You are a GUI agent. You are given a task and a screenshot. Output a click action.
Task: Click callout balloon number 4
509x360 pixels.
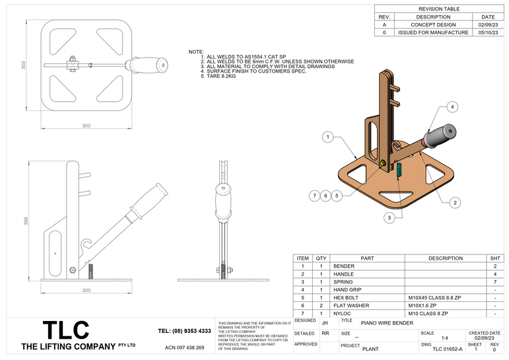(x=452, y=106)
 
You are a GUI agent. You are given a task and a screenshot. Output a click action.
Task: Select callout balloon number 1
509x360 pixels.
(x=327, y=137)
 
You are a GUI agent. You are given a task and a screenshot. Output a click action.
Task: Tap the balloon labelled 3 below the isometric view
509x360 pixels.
(x=390, y=217)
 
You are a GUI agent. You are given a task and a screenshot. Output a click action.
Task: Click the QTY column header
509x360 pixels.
(x=321, y=258)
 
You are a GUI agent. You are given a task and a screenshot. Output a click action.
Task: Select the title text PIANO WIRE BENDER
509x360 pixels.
(x=387, y=323)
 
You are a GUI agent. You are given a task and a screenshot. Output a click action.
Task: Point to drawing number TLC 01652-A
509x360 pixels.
(x=447, y=348)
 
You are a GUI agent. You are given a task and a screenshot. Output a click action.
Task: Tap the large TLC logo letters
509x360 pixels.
(x=65, y=330)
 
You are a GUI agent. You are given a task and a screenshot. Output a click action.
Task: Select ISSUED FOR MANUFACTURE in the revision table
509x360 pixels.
(x=433, y=31)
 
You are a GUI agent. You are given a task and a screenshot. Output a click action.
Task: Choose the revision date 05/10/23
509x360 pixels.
(x=488, y=31)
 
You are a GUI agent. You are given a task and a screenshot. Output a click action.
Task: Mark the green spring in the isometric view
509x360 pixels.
(x=399, y=170)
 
